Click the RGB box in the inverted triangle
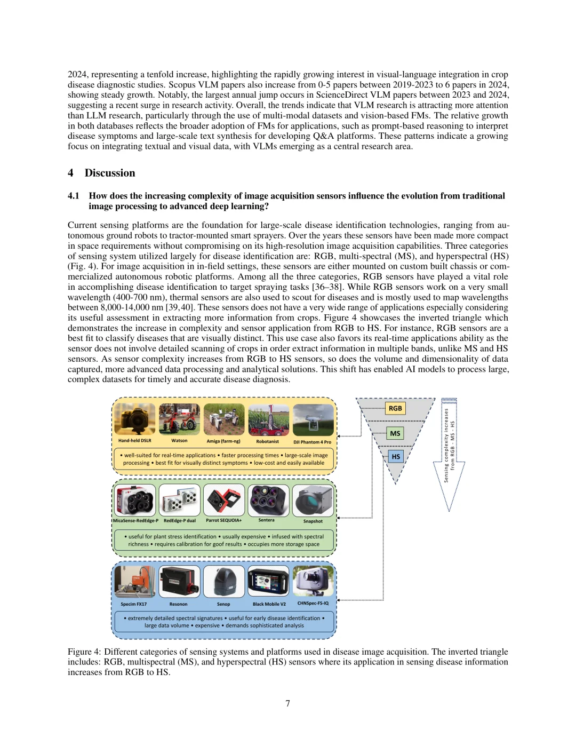[x=395, y=408]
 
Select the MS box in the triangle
[x=395, y=433]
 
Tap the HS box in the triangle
[x=396, y=456]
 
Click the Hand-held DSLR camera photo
[x=135, y=419]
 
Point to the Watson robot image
[x=179, y=419]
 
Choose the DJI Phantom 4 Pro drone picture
[x=313, y=419]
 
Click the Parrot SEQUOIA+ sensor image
[x=224, y=500]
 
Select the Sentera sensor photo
[x=268, y=500]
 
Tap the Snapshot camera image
[x=313, y=501]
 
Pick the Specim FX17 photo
[x=134, y=582]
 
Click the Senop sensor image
[x=223, y=582]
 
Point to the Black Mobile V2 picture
[x=268, y=582]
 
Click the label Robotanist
[x=268, y=441]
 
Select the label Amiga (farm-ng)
[x=223, y=441]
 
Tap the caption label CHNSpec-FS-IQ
[x=313, y=604]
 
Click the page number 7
[x=288, y=703]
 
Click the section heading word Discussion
[x=110, y=173]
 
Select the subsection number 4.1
[x=74, y=196]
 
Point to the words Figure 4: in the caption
[x=84, y=652]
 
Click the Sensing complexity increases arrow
[x=449, y=454]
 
